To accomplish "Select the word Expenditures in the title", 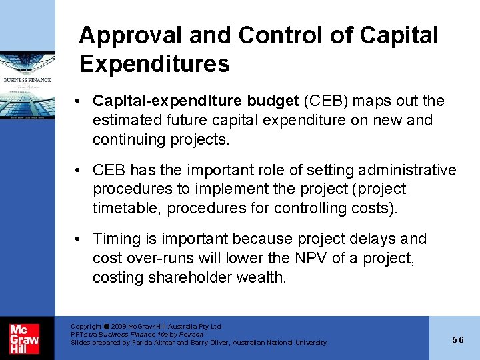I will click(154, 64).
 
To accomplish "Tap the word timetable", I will click(126, 208).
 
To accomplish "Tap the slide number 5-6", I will click(457, 340).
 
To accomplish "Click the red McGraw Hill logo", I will click(24, 337).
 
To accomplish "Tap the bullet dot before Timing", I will click(79, 239).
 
